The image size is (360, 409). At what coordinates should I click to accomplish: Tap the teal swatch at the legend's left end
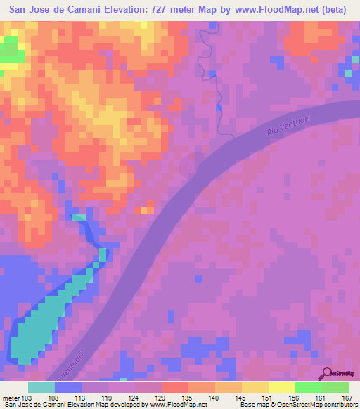(x=41, y=387)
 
